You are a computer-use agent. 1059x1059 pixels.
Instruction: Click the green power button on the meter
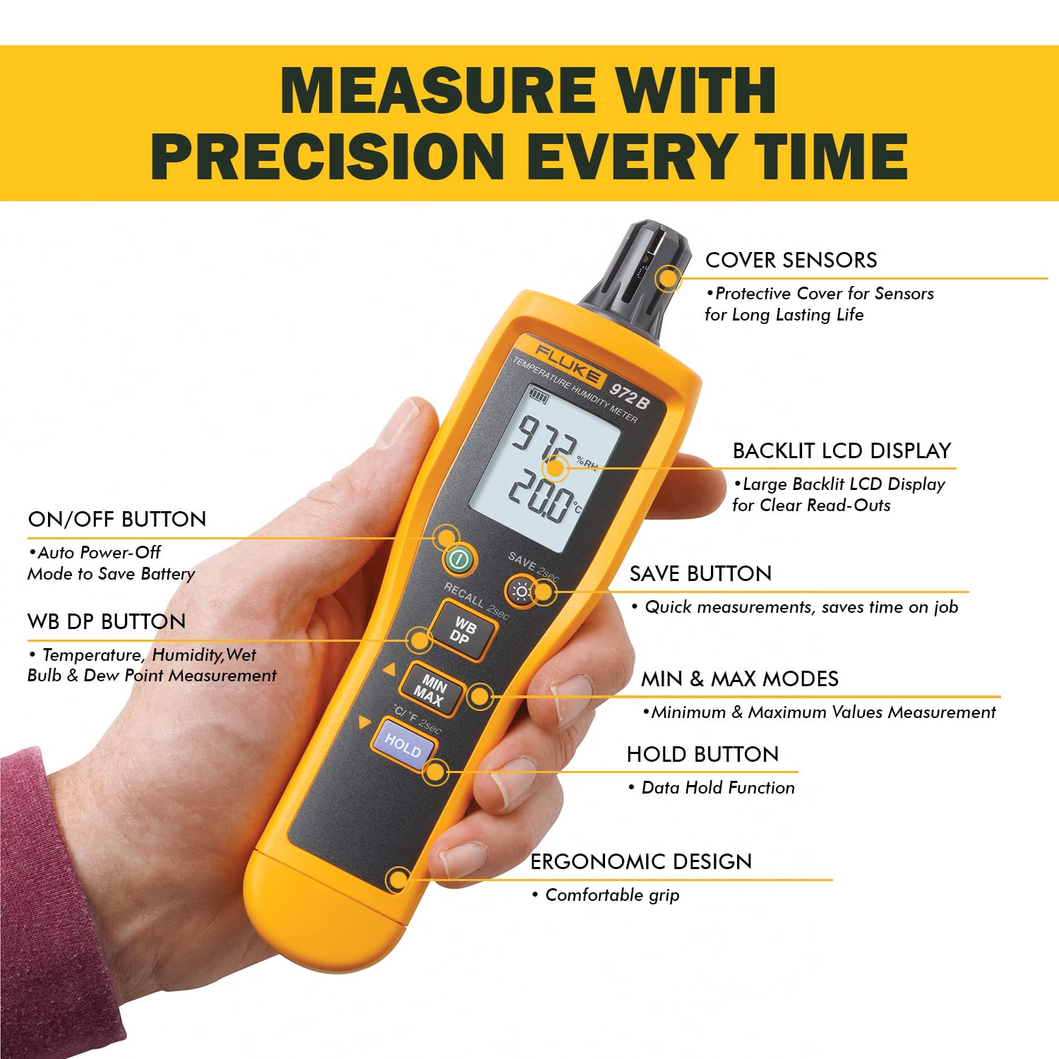pyautogui.click(x=460, y=561)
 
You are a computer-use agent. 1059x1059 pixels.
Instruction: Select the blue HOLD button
pyautogui.click(x=403, y=746)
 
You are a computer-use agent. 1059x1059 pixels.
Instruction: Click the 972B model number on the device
pyautogui.click(x=629, y=396)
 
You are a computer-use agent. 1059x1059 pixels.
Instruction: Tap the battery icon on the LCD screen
pyautogui.click(x=539, y=397)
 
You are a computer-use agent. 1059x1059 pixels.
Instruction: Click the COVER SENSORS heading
pyautogui.click(x=791, y=260)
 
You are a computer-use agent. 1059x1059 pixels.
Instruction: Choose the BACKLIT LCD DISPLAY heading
pyautogui.click(x=842, y=450)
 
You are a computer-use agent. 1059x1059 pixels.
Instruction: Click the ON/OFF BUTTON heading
pyautogui.click(x=117, y=519)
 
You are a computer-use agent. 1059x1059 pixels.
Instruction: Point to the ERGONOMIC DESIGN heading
pyautogui.click(x=641, y=861)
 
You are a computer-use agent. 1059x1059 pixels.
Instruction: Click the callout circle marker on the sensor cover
pyautogui.click(x=668, y=278)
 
